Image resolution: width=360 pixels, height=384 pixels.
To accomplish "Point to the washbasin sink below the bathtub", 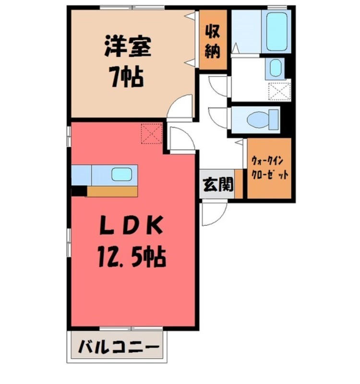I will coord(275,69).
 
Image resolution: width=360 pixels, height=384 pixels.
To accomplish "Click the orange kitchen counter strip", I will coord(112,191).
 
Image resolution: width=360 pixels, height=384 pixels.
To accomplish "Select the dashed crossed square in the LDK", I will coord(152,133).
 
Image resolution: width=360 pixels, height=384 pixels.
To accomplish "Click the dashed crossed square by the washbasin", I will coord(279,91).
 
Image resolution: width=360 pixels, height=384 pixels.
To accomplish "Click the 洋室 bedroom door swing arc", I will coord(181,107).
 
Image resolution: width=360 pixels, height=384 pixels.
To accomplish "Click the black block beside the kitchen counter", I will coord(79,191).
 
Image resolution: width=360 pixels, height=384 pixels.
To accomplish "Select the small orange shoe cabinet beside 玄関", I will coord(239,184).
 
